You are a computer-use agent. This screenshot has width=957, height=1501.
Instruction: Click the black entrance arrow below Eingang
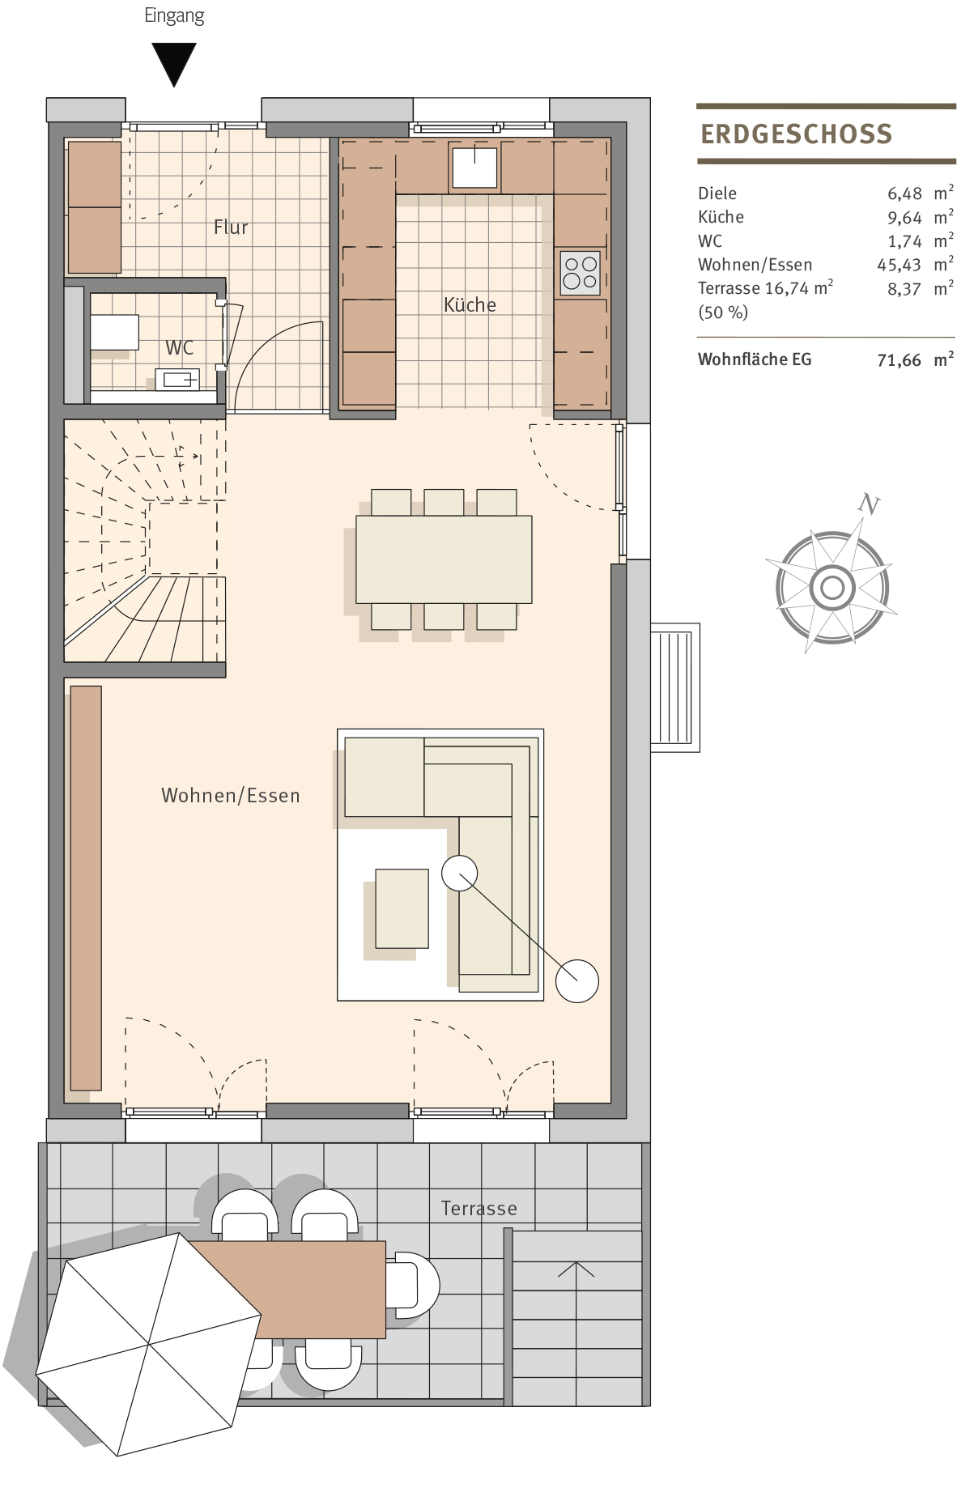(x=174, y=63)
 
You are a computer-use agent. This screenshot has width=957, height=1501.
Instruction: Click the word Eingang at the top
(x=174, y=16)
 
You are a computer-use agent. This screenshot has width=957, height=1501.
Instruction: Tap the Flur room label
(x=231, y=227)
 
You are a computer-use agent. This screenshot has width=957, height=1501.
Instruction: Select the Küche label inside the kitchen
(x=470, y=304)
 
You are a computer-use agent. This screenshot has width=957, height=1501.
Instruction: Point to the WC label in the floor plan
(x=180, y=348)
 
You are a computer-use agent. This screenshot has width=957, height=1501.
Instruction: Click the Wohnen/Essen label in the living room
(x=231, y=796)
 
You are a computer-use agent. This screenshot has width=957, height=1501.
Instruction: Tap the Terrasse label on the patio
(x=479, y=1209)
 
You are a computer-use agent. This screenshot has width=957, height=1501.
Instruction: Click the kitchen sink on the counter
(x=474, y=168)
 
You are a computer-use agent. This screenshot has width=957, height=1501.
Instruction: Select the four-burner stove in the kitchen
(x=581, y=273)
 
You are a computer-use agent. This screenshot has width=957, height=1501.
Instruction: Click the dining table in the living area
(x=444, y=559)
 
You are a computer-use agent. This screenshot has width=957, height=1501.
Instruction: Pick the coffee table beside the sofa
(x=402, y=908)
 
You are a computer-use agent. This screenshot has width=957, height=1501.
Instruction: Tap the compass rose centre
(x=832, y=587)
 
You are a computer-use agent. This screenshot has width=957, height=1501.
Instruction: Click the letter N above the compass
(x=869, y=504)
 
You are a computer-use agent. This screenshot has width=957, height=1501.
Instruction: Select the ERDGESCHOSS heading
(x=797, y=134)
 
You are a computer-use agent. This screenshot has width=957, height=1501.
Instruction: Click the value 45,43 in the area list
(x=900, y=265)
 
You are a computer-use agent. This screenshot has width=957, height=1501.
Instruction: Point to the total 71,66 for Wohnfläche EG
(x=900, y=360)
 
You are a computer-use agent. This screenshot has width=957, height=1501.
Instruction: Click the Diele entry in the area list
(x=717, y=193)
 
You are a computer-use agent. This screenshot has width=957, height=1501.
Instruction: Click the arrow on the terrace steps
(x=576, y=1269)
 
